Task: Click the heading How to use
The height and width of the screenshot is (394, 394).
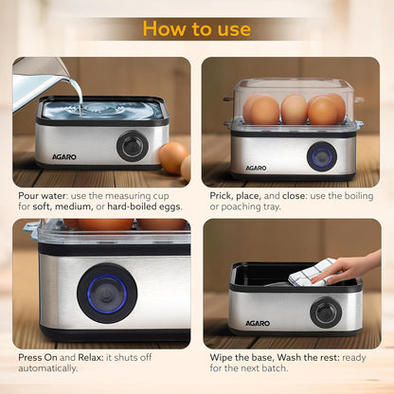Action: (x=197, y=28)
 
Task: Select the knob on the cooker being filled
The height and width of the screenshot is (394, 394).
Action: (x=131, y=145)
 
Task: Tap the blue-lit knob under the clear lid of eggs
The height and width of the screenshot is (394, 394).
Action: (x=321, y=155)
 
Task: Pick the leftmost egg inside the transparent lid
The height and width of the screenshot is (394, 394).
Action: (x=264, y=111)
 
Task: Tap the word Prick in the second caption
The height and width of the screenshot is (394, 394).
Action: (x=217, y=195)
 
